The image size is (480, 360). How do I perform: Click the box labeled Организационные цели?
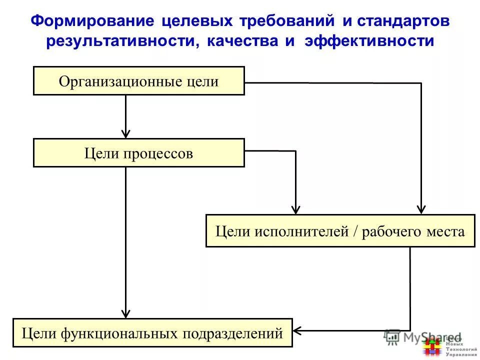pyautogui.click(x=138, y=81)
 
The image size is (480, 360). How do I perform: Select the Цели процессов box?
pyautogui.click(x=138, y=153)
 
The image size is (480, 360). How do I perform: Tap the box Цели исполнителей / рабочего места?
pyautogui.click(x=340, y=231)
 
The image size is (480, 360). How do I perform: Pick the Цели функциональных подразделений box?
pyautogui.click(x=152, y=332)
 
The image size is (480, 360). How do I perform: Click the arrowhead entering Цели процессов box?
pyautogui.click(x=126, y=133)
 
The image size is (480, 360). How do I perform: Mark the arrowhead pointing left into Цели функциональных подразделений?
pyautogui.click(x=297, y=330)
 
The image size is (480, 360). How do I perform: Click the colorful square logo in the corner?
pyautogui.click(x=431, y=346)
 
